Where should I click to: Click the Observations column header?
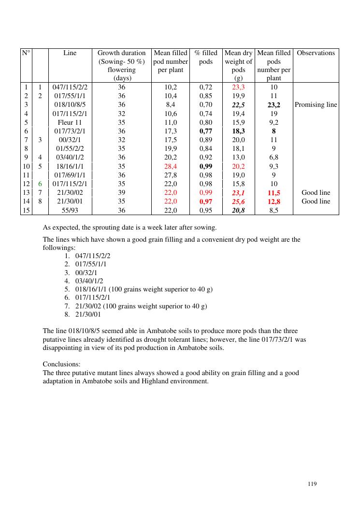click(316, 53)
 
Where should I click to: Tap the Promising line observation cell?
click(316, 105)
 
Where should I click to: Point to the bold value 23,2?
click(274, 105)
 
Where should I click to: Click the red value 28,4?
click(171, 166)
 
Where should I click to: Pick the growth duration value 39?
click(121, 193)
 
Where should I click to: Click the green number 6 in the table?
click(41, 184)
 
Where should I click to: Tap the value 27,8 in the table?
click(171, 175)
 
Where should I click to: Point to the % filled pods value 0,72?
click(206, 87)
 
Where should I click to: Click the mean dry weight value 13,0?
click(238, 158)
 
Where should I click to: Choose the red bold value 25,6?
click(238, 202)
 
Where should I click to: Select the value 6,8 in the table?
click(274, 158)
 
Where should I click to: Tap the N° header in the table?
click(26, 53)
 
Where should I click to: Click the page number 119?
click(312, 483)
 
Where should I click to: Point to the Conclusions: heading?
click(61, 364)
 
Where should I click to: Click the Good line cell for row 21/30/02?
click(316, 193)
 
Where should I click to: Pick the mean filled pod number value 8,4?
click(171, 105)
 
